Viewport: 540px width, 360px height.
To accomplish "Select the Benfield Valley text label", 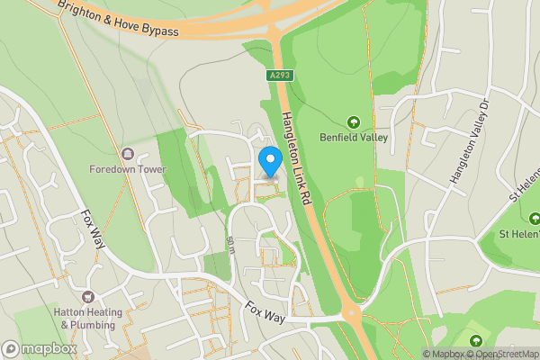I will click(x=353, y=138).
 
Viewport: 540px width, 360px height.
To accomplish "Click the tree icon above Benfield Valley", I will click(x=353, y=121).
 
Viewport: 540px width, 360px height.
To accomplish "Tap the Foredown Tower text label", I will click(x=127, y=168).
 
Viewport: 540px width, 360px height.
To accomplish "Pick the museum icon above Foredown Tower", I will click(x=127, y=153).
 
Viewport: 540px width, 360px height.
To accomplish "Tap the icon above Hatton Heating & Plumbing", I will click(x=88, y=297).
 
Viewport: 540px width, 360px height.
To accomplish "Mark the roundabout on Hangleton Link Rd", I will click(x=350, y=314).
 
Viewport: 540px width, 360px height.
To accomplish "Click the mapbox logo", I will click(x=40, y=348).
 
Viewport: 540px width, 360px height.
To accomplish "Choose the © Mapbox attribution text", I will click(x=443, y=354).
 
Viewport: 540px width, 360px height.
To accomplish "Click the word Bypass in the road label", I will click(x=161, y=31).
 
